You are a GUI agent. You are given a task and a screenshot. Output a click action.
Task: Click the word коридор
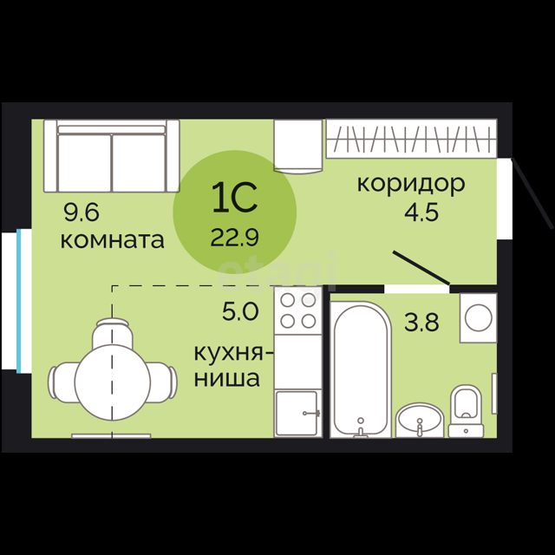click(x=411, y=185)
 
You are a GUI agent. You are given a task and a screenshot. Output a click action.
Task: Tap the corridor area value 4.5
click(x=421, y=212)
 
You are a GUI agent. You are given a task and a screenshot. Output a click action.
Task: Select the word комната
click(x=112, y=240)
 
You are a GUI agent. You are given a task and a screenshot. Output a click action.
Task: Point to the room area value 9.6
click(x=82, y=212)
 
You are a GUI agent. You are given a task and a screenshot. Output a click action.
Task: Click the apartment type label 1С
click(x=235, y=198)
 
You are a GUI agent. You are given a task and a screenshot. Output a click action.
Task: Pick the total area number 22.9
click(x=235, y=237)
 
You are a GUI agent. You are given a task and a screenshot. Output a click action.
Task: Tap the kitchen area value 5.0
click(x=240, y=311)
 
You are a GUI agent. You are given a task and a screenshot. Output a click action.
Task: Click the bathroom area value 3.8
click(x=421, y=323)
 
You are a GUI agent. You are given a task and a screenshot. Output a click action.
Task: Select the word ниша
click(x=227, y=378)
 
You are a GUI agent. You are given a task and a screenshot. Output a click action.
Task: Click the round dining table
click(x=113, y=382)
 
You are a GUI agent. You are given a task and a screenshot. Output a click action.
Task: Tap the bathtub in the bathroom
click(x=361, y=369)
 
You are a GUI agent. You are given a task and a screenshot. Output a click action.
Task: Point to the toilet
click(x=467, y=411)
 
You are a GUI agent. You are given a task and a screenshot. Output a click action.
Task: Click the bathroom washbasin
click(x=420, y=421)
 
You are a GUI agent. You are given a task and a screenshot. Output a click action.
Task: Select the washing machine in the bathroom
click(x=479, y=318)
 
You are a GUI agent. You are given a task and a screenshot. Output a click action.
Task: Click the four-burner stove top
click(x=298, y=310)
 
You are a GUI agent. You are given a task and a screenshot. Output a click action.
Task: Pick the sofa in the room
click(x=112, y=156)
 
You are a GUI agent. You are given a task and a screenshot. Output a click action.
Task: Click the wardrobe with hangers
click(x=411, y=139)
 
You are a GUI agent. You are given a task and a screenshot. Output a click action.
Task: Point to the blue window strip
click(x=19, y=301)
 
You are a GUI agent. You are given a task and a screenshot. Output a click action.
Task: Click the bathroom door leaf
click(x=421, y=268)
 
